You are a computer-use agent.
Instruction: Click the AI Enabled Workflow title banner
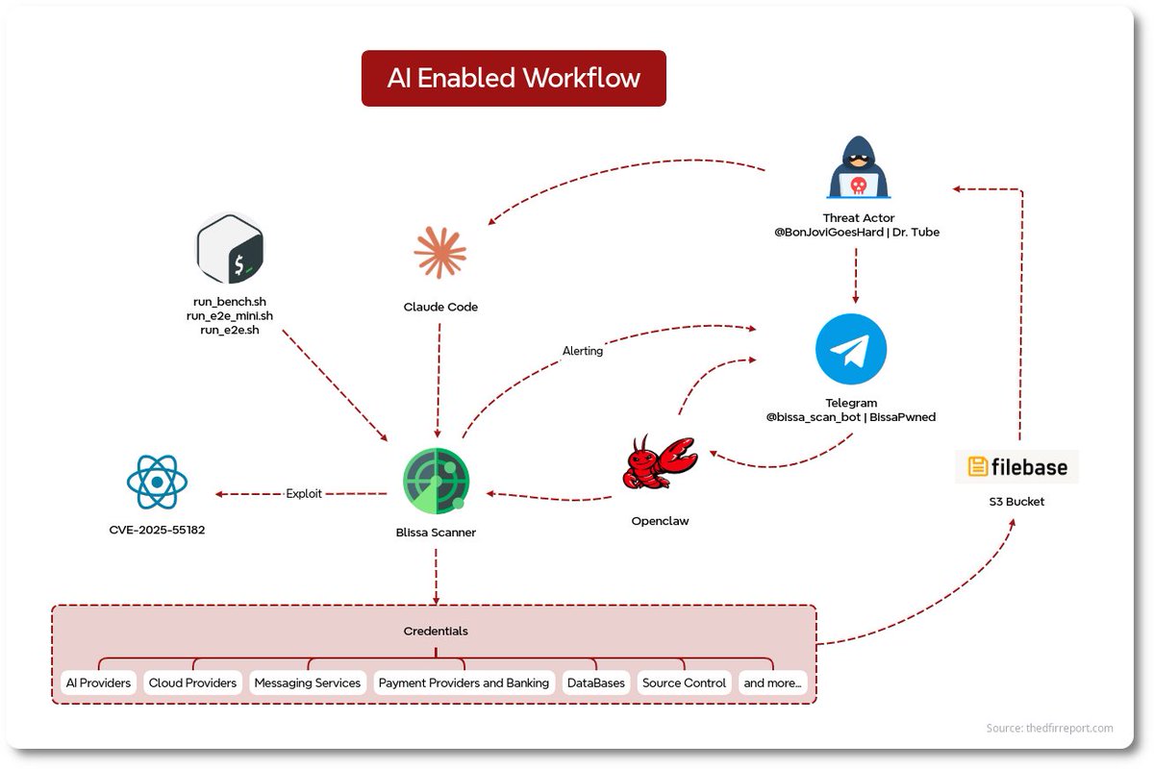pyautogui.click(x=514, y=78)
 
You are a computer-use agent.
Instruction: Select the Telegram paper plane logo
pyautogui.click(x=850, y=349)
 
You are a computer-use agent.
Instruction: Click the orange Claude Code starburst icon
pyautogui.click(x=439, y=253)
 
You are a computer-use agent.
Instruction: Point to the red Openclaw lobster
pyautogui.click(x=659, y=463)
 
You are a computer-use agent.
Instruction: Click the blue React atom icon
pyautogui.click(x=157, y=482)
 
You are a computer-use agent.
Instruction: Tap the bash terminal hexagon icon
pyautogui.click(x=230, y=248)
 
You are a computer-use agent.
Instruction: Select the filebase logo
pyautogui.click(x=1017, y=467)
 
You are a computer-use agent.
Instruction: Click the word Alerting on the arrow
pyautogui.click(x=583, y=351)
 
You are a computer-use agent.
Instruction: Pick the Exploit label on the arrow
pyautogui.click(x=304, y=494)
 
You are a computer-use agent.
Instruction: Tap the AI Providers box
pyautogui.click(x=98, y=682)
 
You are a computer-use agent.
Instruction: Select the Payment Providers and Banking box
pyautogui.click(x=464, y=682)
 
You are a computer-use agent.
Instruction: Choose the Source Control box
pyautogui.click(x=684, y=682)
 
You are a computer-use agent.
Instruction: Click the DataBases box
pyautogui.click(x=595, y=682)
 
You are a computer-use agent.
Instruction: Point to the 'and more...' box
pyautogui.click(x=772, y=682)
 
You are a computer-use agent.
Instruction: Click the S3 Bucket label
pyautogui.click(x=1016, y=502)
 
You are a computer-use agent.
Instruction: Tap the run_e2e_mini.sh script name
pyautogui.click(x=229, y=316)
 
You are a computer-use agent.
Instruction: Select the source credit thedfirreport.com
pyautogui.click(x=1049, y=729)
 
